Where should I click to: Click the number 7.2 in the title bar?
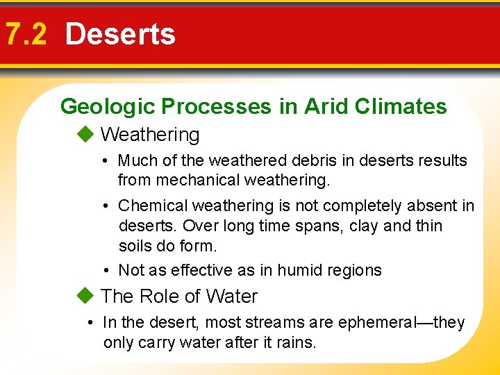pos(26,34)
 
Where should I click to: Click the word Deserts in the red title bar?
pos(120,34)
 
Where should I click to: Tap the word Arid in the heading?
pos(324,106)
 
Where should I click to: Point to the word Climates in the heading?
pos(401,106)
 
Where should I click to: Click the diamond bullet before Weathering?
pos(85,134)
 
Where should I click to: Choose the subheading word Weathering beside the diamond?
pos(150,135)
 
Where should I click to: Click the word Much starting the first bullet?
pos(137,160)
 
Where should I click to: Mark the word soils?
pos(137,246)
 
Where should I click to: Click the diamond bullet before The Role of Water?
pos(85,296)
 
